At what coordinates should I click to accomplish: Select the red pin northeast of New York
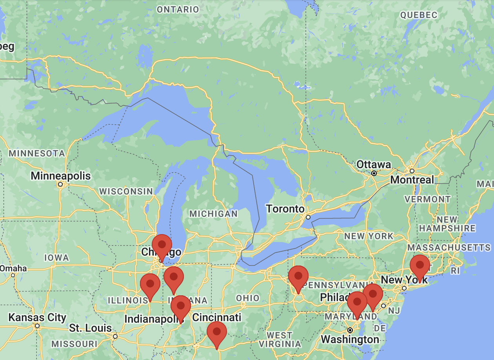(x=420, y=265)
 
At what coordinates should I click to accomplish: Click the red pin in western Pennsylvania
(x=298, y=276)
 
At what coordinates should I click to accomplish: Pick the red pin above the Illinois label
(x=150, y=284)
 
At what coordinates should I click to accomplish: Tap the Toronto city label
(x=285, y=209)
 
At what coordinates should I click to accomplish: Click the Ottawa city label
(x=373, y=164)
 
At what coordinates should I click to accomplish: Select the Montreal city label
(x=412, y=180)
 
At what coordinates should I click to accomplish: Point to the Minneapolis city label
(x=61, y=176)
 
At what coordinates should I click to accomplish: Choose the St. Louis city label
(x=91, y=328)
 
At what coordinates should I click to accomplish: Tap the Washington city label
(x=350, y=339)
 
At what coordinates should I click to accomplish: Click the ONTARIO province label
(x=178, y=9)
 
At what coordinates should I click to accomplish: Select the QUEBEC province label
(x=418, y=15)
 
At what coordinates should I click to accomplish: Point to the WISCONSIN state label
(x=126, y=191)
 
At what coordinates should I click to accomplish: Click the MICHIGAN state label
(x=213, y=214)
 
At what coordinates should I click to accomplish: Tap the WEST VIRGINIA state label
(x=280, y=340)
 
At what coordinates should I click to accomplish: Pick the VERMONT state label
(x=427, y=199)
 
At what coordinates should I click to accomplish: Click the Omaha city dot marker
(x=13, y=275)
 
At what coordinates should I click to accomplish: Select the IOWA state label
(x=56, y=258)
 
